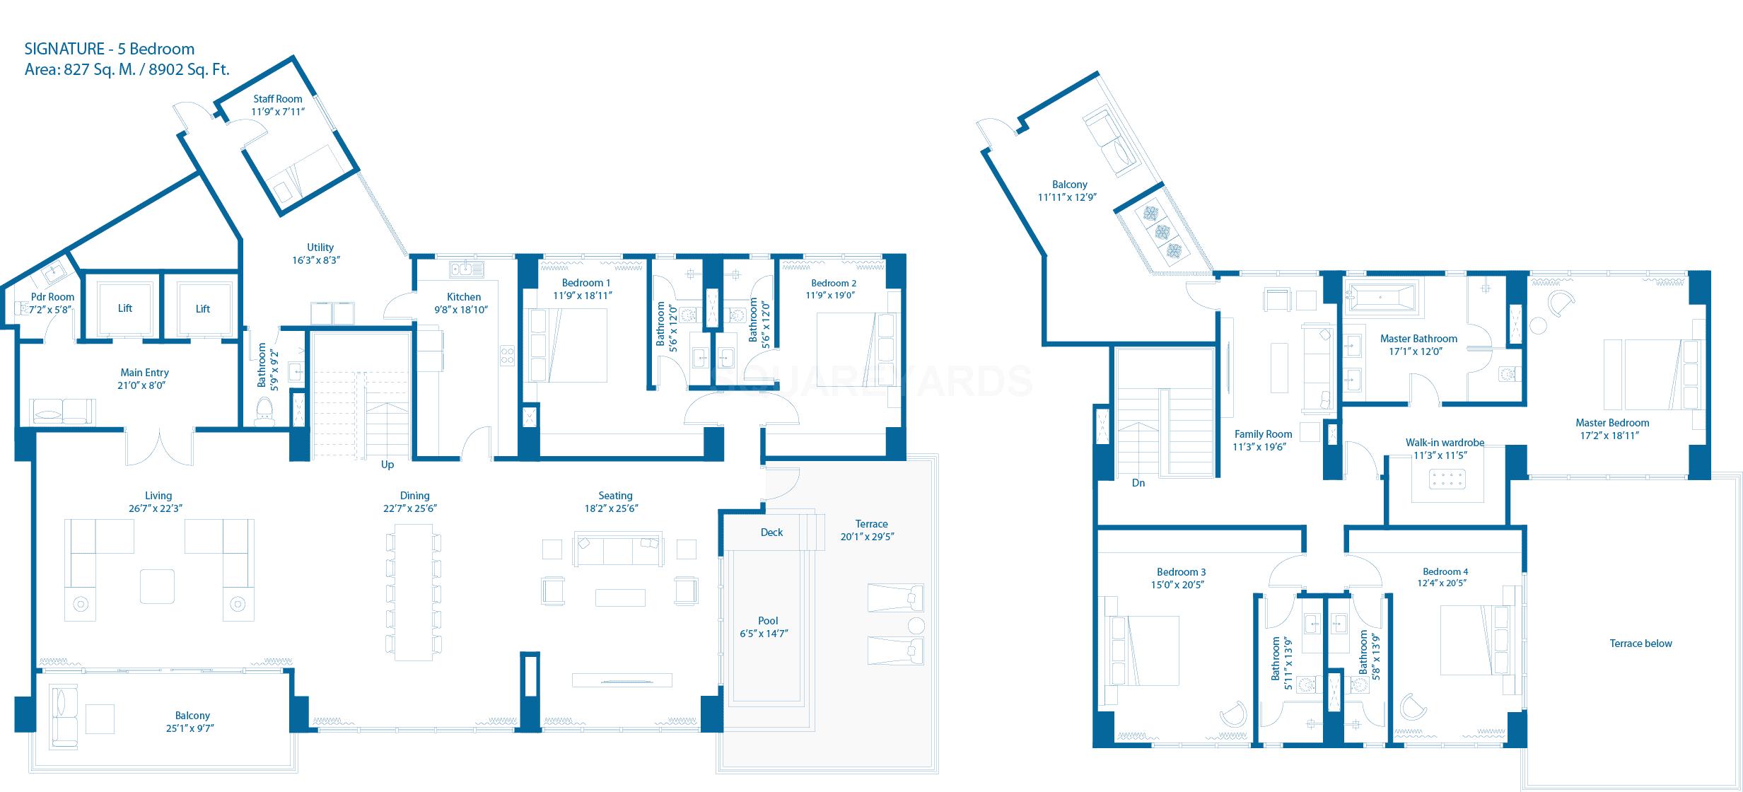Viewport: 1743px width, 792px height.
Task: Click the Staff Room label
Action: [277, 99]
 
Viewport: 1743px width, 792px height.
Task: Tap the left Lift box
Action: [125, 308]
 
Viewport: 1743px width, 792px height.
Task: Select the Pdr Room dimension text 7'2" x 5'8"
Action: [52, 310]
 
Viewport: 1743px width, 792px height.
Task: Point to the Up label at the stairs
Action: [387, 465]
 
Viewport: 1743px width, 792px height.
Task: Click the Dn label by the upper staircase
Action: [1138, 483]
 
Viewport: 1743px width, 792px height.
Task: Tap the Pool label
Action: [768, 621]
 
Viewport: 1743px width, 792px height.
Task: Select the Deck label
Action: [771, 532]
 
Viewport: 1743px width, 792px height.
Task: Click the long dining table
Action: [413, 591]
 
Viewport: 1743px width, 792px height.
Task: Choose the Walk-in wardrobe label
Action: [1445, 443]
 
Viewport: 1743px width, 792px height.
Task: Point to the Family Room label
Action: [1263, 434]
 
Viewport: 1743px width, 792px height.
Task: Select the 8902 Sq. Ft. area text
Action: [190, 70]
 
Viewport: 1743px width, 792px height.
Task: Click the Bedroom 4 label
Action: [1445, 571]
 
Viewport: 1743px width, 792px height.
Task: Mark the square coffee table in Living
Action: [157, 586]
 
